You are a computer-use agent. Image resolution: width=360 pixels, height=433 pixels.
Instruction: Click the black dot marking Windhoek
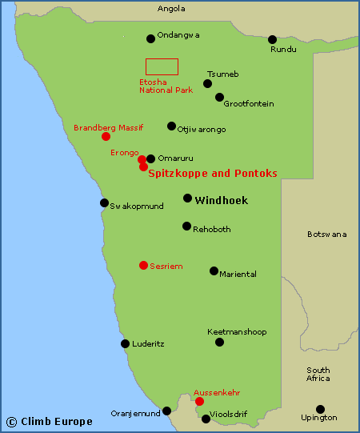point(187,198)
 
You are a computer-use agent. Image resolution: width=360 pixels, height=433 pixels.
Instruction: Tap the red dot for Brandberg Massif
point(106,136)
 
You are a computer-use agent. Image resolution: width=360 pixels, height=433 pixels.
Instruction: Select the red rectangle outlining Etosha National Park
point(162,67)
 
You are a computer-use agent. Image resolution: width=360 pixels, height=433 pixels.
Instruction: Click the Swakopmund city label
point(137,206)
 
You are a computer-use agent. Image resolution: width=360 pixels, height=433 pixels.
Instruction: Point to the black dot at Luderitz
point(125,344)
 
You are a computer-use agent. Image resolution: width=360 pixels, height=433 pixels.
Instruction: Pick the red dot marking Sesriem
point(143,265)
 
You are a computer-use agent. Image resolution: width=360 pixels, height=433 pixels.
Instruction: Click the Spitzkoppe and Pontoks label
point(213,173)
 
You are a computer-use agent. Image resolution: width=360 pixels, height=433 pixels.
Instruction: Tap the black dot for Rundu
point(272,39)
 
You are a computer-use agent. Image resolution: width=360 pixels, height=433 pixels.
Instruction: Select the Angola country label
point(171,9)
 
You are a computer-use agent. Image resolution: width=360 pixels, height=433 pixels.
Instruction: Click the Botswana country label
point(327,235)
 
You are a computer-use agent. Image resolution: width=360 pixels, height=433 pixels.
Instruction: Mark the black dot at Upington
point(320,409)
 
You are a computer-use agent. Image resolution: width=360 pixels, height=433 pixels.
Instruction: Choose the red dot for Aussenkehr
point(199,401)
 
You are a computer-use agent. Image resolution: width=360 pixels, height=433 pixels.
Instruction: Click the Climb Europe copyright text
point(50,421)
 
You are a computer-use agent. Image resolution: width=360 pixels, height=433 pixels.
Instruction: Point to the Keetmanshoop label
point(237,331)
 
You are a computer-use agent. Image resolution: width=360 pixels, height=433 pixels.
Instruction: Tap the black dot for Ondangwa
point(150,38)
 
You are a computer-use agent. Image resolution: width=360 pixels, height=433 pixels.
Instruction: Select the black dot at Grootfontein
point(219,97)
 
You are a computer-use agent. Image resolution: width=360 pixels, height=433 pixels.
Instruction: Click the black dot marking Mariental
point(214,271)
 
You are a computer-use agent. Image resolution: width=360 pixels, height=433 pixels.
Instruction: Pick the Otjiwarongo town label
point(202,128)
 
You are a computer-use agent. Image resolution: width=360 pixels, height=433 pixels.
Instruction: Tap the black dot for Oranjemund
point(166,411)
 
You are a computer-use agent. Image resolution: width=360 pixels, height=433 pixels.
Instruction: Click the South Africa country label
point(318,374)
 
